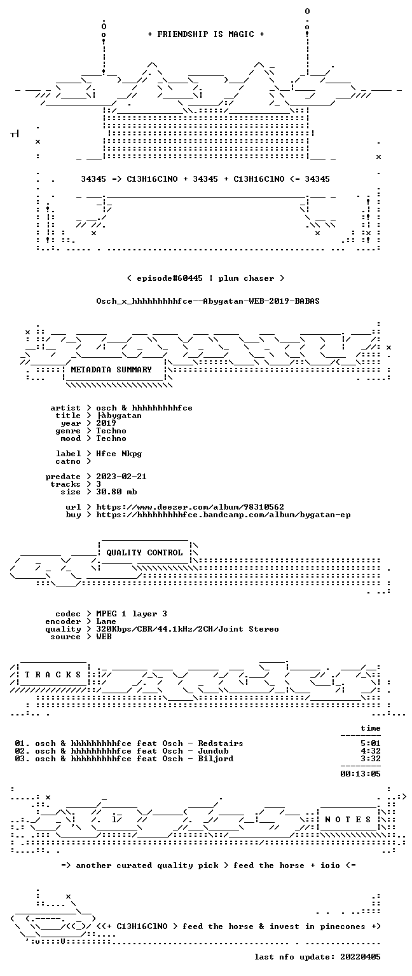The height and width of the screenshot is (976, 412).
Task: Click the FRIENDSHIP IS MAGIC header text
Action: (206, 34)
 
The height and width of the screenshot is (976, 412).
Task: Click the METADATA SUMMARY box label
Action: (111, 369)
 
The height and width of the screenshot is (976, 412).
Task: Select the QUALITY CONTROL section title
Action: (144, 552)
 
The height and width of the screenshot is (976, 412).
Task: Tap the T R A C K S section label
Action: (53, 675)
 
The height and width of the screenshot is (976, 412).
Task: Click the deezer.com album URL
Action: (190, 507)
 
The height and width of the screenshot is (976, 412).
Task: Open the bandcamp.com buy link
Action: (223, 515)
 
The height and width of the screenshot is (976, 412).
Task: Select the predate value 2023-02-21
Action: (121, 477)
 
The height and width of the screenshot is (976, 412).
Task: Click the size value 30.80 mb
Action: (116, 492)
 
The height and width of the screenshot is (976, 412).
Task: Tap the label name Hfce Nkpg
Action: (119, 454)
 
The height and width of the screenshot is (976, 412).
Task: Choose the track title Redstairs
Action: (221, 743)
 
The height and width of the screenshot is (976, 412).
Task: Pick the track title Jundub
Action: (213, 751)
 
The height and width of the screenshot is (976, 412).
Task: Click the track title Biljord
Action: (216, 759)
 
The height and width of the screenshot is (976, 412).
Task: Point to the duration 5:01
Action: (371, 743)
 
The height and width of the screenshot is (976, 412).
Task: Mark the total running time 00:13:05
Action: (360, 774)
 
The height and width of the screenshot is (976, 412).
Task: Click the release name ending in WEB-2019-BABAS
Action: (208, 301)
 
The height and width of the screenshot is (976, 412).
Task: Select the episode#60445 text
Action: (170, 278)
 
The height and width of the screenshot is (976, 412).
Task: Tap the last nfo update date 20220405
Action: (360, 957)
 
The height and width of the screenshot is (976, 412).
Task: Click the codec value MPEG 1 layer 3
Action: (132, 614)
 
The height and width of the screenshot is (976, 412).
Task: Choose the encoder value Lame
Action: (106, 622)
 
